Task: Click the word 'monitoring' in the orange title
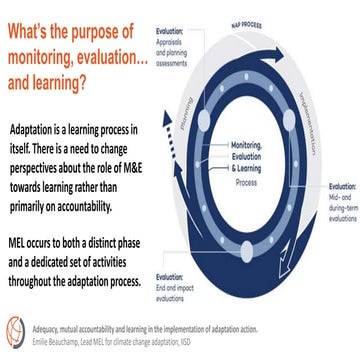pyautogui.click(x=52, y=59)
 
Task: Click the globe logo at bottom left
pyautogui.click(x=15, y=328)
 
